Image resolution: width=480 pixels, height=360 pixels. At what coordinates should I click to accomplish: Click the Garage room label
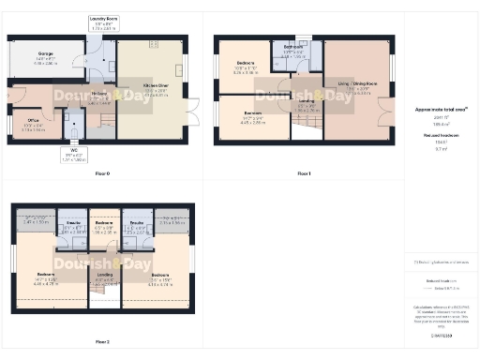click(45, 55)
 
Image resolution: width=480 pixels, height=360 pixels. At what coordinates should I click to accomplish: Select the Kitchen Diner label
click(156, 86)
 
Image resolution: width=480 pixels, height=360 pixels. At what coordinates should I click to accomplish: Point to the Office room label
click(33, 122)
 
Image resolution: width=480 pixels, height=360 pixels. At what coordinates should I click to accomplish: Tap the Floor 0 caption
click(102, 173)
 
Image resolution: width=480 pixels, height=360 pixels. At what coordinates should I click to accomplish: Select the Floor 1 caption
click(304, 173)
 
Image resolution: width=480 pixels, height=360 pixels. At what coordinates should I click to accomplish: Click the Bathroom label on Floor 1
click(294, 48)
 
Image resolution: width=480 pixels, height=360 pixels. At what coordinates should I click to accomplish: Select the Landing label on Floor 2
click(105, 274)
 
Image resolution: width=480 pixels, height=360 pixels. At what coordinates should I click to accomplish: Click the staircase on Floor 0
click(106, 121)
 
